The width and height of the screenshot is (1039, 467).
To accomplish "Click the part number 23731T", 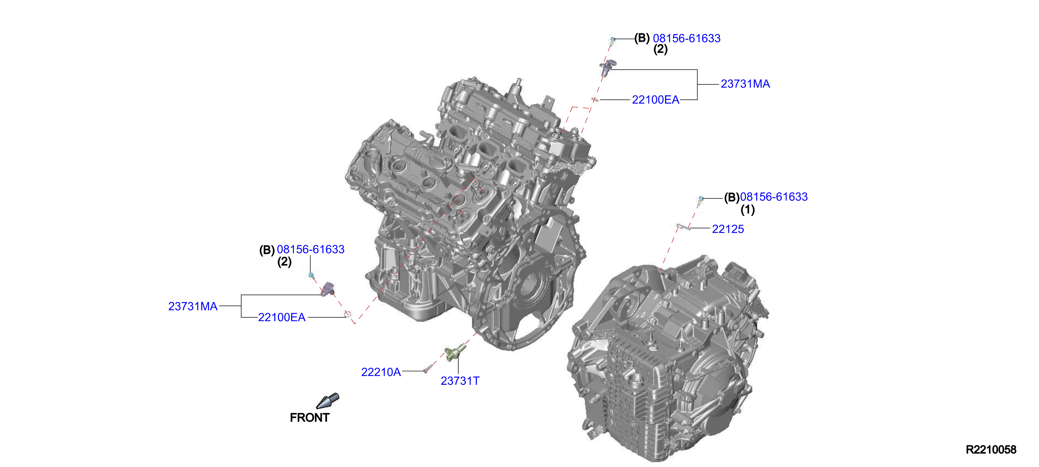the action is (x=460, y=381).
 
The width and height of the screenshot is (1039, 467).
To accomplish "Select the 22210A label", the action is (x=381, y=372).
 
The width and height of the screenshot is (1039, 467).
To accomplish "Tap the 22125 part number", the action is (x=728, y=229).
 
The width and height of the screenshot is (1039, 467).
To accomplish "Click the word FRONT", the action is (x=310, y=417).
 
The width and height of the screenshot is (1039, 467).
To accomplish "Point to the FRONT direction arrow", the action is (x=328, y=401).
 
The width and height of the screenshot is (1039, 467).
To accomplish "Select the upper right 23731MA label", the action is (x=745, y=84).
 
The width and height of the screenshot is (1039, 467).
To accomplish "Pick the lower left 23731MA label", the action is (x=193, y=307).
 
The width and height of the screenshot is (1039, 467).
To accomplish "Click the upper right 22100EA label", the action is (x=655, y=100).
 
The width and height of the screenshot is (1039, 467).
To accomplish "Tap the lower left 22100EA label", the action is (x=281, y=318).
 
